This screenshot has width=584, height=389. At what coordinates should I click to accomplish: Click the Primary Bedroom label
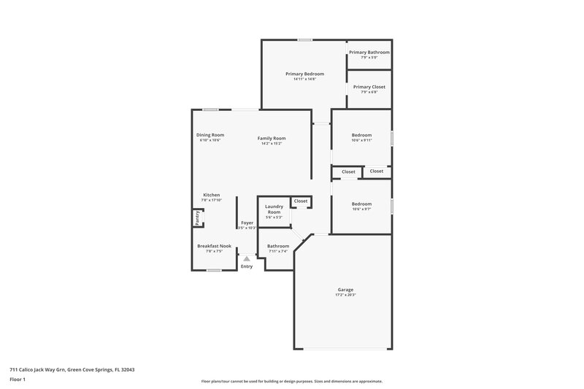pyautogui.click(x=304, y=74)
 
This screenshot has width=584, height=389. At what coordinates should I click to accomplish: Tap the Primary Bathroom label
pyautogui.click(x=369, y=53)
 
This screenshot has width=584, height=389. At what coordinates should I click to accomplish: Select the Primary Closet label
pyautogui.click(x=369, y=87)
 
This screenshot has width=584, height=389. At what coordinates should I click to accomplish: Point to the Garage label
pyautogui.click(x=345, y=290)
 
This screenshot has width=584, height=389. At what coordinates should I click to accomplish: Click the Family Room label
pyautogui.click(x=271, y=138)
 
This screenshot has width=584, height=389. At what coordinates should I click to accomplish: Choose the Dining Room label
pyautogui.click(x=210, y=135)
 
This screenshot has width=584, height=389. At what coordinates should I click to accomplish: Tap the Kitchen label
pyautogui.click(x=212, y=195)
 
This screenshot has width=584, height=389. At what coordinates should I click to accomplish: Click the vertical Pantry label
pyautogui.click(x=197, y=217)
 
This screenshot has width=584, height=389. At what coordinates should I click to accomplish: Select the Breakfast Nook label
pyautogui.click(x=214, y=246)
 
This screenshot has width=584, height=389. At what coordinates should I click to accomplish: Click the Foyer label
pyautogui.click(x=247, y=223)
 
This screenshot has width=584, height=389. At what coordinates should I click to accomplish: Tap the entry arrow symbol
pyautogui.click(x=247, y=258)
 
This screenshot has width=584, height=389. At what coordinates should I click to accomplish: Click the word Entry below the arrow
pyautogui.click(x=247, y=267)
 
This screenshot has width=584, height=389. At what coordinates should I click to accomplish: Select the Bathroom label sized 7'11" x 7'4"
pyautogui.click(x=277, y=246)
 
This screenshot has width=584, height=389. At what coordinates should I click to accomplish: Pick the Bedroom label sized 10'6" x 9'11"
pyautogui.click(x=361, y=135)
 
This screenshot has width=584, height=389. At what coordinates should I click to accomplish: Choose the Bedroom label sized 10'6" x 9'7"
pyautogui.click(x=361, y=204)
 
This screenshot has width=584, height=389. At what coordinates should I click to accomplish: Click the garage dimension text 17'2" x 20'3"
pyautogui.click(x=345, y=296)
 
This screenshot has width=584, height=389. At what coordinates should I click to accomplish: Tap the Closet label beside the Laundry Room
pyautogui.click(x=301, y=201)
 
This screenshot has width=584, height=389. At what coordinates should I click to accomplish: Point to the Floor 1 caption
pyautogui.click(x=18, y=380)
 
